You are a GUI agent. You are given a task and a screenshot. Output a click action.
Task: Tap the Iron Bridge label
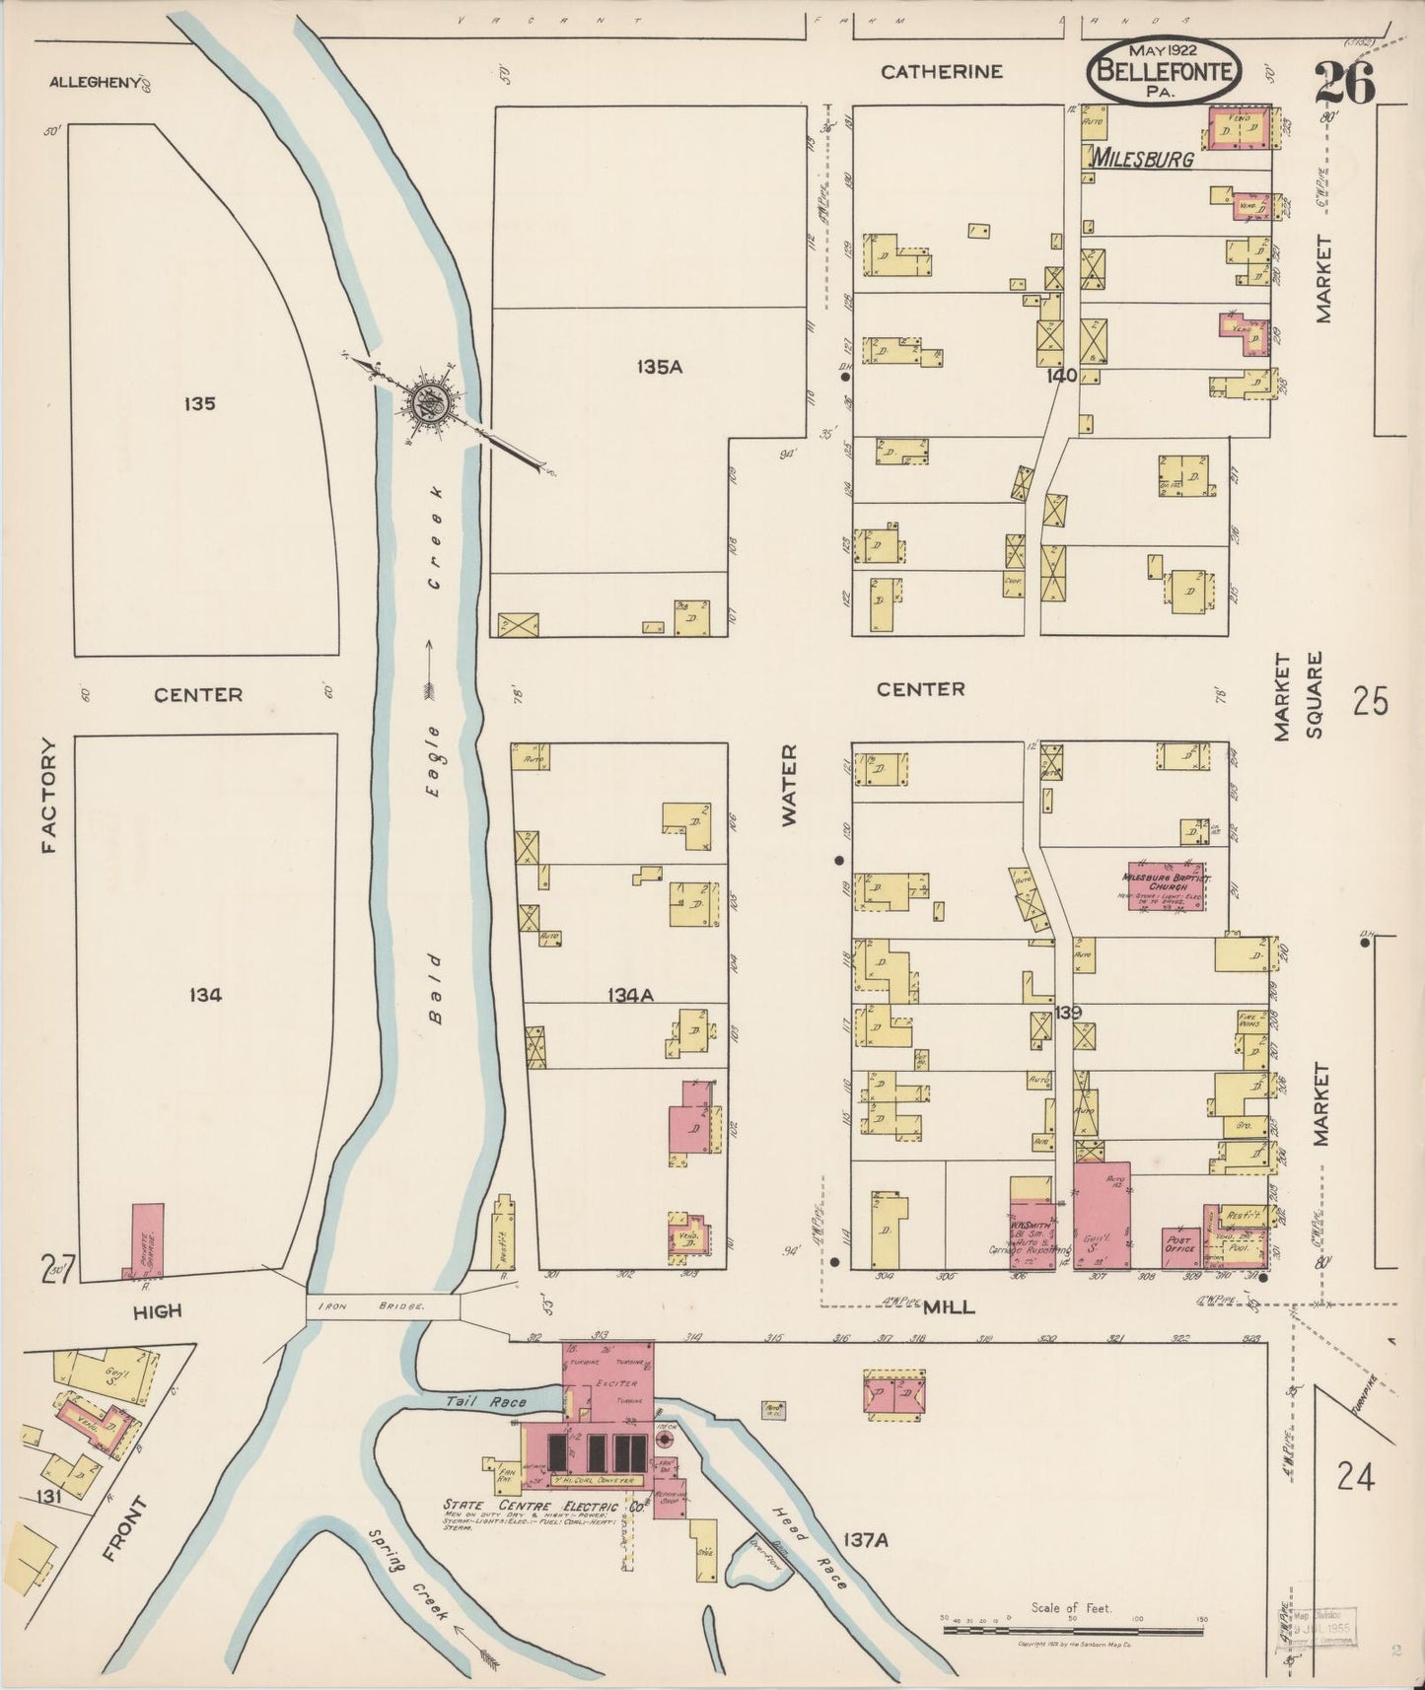coord(383,1305)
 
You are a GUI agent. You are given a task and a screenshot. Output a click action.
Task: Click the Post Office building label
coord(1178,1244)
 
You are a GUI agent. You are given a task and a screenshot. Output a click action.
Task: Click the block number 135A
coord(660,368)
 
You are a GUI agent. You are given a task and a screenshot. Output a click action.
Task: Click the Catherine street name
coord(942,71)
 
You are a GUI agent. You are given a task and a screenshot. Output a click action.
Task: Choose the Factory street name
coord(49,796)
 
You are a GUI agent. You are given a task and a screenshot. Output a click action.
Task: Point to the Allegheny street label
coord(96,83)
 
